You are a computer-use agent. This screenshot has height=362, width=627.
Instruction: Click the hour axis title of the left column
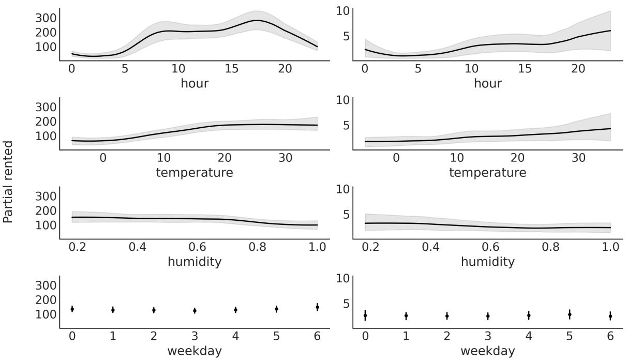pos(195,83)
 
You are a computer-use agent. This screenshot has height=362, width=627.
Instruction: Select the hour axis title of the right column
pos(488,83)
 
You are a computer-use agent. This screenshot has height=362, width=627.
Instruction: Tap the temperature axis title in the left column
pos(195,172)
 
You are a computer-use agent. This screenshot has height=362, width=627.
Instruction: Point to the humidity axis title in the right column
pos(488,262)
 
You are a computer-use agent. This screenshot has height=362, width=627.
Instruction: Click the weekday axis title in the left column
pos(195,351)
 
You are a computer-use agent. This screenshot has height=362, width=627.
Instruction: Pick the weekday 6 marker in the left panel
pos(317,307)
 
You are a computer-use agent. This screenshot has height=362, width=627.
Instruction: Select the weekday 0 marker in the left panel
pos(72,309)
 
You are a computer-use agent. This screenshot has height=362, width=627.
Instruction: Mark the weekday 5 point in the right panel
pos(570,314)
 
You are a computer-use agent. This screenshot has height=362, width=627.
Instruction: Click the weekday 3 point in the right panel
pos(488,315)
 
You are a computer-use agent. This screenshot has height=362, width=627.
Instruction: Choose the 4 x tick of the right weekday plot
pos(529,337)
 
